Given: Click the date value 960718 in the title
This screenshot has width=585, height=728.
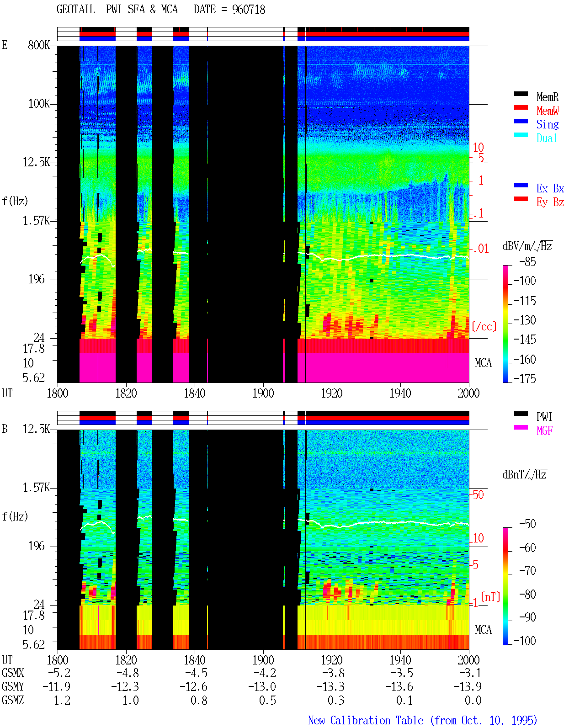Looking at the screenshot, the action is coord(248,10).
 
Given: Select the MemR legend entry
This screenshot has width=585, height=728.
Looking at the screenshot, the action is coord(547,97).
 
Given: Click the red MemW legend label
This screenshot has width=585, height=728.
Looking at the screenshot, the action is coord(548,111).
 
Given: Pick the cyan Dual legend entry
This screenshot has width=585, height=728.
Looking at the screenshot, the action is coord(547,138).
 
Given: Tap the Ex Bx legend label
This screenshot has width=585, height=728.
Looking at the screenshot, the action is coord(550,188).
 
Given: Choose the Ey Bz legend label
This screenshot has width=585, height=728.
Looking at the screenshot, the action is coord(550,202).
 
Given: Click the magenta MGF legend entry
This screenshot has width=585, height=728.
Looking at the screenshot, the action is coord(544,430).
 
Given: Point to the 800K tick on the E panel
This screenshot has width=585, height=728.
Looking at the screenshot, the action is coord(38,45).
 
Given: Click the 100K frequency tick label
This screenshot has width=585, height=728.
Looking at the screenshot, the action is coord(39,104).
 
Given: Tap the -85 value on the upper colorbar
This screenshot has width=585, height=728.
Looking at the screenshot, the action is coord(527,261).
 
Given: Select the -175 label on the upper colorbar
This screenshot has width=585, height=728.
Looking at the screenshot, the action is coord(525,378).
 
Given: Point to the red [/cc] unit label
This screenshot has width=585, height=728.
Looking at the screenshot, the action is coord(484,326).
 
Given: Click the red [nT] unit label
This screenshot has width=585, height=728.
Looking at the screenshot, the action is coord(490,597).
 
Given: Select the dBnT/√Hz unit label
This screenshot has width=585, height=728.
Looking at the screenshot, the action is coord(524,475).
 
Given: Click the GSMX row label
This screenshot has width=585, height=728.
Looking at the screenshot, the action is coord(13,673).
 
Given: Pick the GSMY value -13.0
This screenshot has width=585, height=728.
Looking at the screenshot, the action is coord(262,687).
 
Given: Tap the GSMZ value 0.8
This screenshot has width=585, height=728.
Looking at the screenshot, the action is coord(199,700).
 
